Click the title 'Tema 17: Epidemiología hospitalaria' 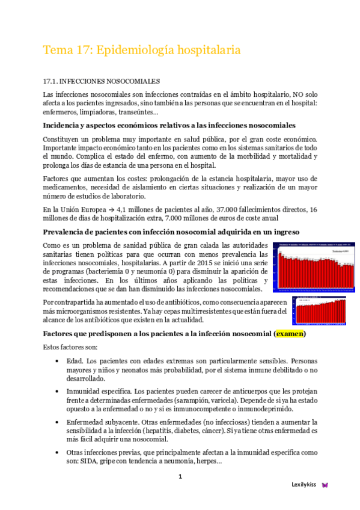pyautogui.click(x=142, y=51)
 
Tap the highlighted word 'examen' pyautogui.click(x=289, y=333)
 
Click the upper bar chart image pyautogui.click(x=311, y=266)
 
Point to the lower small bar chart pyautogui.click(x=319, y=310)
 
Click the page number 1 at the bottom pyautogui.click(x=180, y=477)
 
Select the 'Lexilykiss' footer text pyautogui.click(x=304, y=485)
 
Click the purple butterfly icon pyautogui.click(x=325, y=485)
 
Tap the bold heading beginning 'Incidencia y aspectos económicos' pyautogui.click(x=169, y=125)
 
